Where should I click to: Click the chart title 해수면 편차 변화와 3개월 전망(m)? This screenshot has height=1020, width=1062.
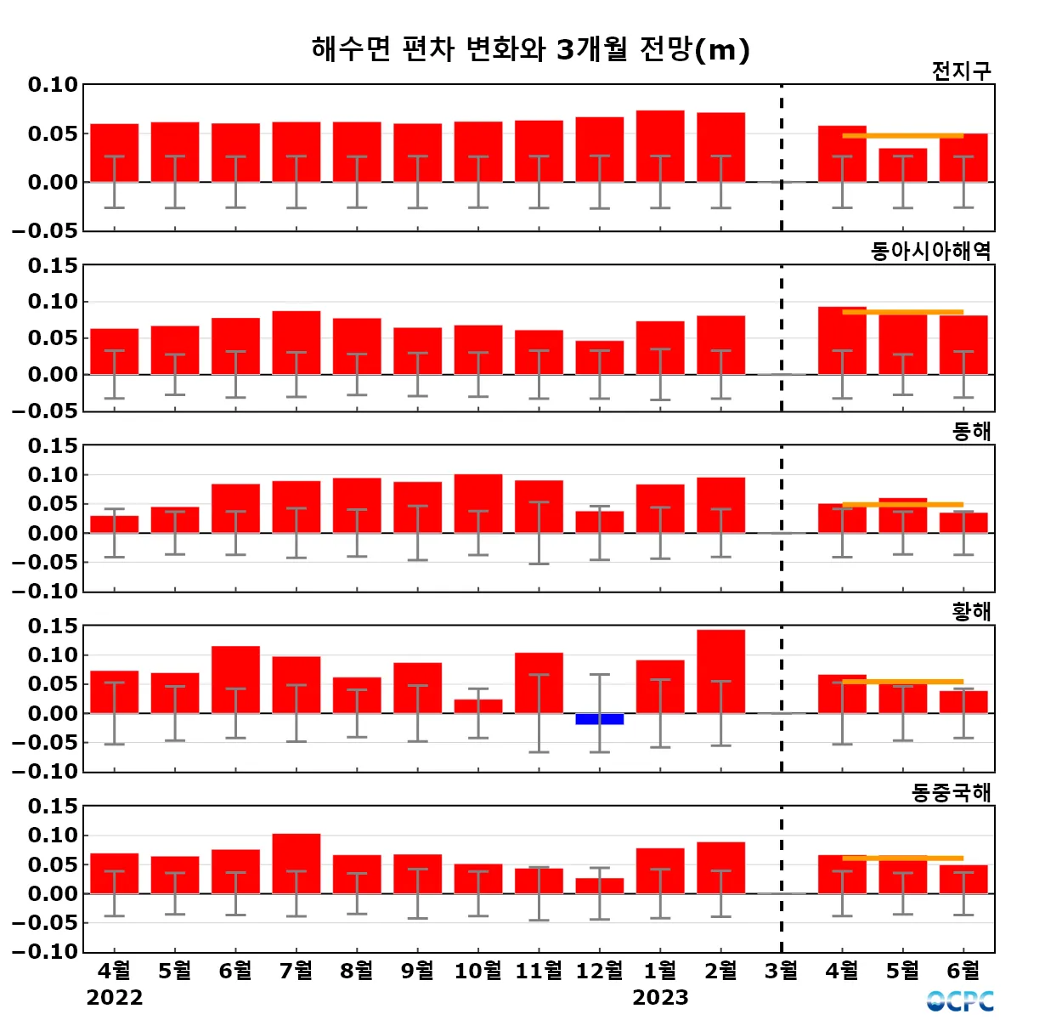coord(531,49)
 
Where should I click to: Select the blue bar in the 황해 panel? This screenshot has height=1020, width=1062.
coord(600,719)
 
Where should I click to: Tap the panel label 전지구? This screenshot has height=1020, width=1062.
coord(961,71)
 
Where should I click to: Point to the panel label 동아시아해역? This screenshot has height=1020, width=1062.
coord(930,251)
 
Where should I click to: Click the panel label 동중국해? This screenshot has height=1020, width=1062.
coord(951,792)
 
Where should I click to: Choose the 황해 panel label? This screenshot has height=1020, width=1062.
coord(971,611)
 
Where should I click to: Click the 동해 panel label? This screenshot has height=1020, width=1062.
coord(971,431)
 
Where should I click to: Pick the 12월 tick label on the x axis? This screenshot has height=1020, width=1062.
coord(600,970)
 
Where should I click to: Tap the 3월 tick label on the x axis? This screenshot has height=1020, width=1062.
coord(782,970)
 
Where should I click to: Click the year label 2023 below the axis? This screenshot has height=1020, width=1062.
coord(660,997)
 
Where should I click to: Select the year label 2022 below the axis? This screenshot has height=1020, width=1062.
coord(115,997)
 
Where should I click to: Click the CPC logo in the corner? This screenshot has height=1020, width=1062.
coord(960,1000)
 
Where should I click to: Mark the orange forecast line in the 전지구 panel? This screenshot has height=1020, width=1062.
coord(902,135)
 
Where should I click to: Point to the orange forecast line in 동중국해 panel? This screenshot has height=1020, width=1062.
coord(902,858)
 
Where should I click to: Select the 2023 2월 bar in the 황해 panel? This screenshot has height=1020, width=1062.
coord(720,671)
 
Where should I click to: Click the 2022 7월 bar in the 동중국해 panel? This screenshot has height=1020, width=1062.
coord(297,863)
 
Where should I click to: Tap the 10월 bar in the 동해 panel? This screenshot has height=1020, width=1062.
coord(478,503)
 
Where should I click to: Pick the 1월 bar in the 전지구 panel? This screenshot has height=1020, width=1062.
coord(660,146)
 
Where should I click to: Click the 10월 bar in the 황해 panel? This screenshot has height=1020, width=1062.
coord(478,706)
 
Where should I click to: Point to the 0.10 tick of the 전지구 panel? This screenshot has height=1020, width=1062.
coord(53,85)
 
